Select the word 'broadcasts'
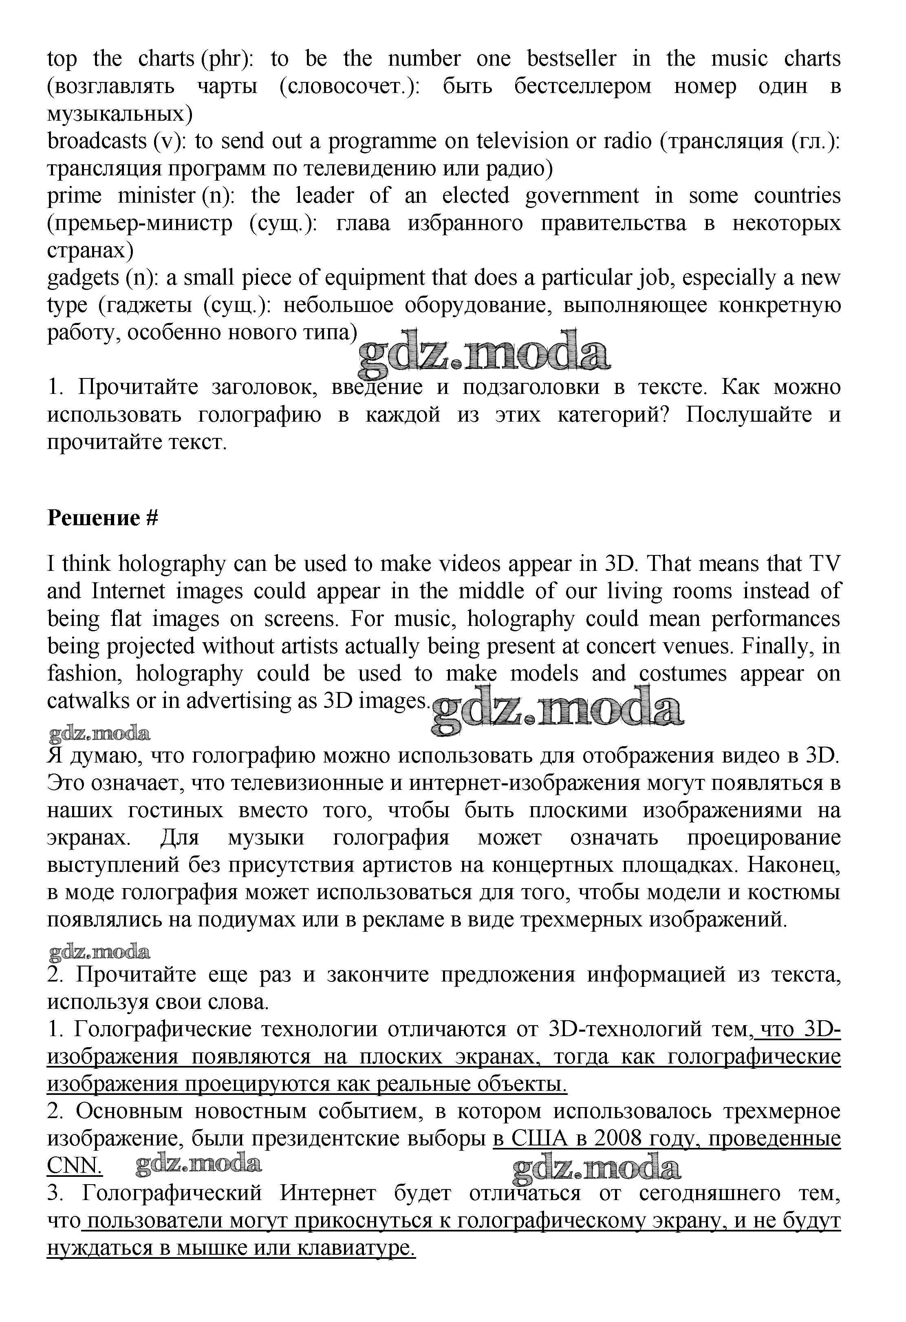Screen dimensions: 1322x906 [x=97, y=141]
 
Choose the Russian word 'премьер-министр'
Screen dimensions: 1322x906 [x=140, y=223]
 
